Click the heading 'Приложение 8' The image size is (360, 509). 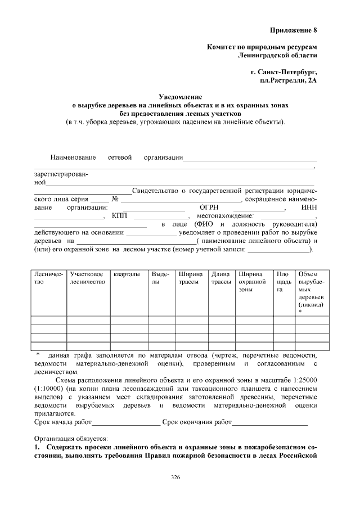tap(293, 29)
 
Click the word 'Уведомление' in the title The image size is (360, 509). tap(181, 97)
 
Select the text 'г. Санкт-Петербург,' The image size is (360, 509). tap(284, 73)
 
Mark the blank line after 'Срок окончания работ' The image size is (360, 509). tap(270, 421)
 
